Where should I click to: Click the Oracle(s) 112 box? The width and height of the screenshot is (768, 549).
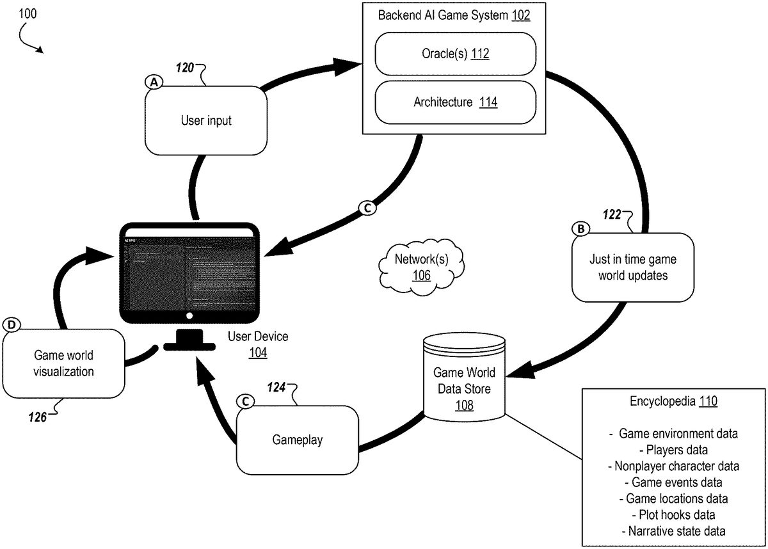coord(454,55)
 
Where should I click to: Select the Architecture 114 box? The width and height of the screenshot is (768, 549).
coord(454,102)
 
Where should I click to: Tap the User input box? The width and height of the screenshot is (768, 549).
coord(206,120)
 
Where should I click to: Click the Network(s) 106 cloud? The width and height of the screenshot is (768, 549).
coord(422,267)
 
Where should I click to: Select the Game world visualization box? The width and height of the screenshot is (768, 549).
coord(63,363)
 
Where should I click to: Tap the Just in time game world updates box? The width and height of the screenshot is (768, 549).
coord(632,267)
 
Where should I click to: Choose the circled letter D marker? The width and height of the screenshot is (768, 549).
coord(10,325)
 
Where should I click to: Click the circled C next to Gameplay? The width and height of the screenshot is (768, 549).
coord(244,401)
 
